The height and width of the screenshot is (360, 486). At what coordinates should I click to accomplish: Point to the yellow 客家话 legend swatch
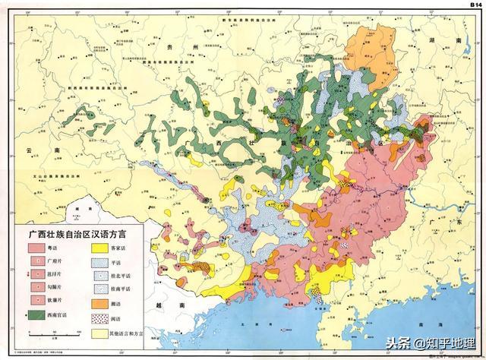tap(102, 248)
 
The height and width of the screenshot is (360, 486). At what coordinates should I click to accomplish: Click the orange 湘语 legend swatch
tap(102, 302)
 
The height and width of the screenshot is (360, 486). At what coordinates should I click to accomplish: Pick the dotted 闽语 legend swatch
tap(102, 317)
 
